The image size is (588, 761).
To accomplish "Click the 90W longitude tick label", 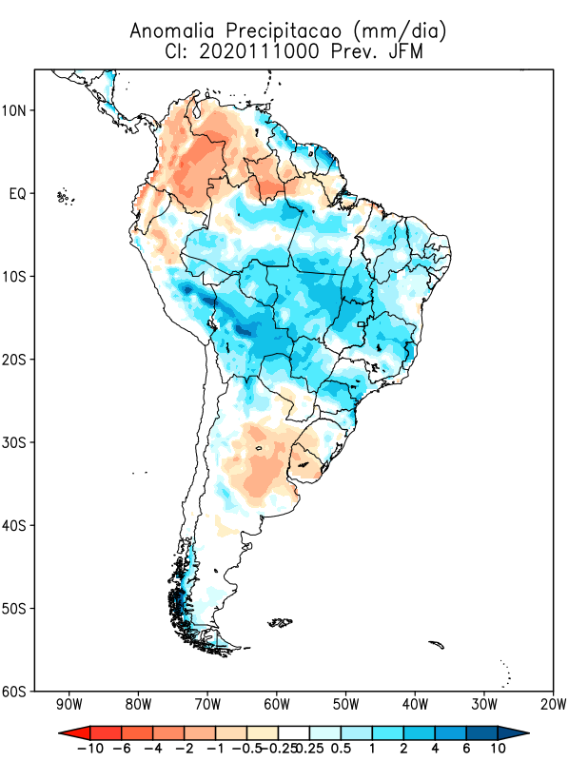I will [69, 705].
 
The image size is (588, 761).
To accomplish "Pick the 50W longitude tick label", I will [345, 705].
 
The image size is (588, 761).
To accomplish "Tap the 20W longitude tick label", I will [553, 705].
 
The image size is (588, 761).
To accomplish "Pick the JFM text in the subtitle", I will [404, 51].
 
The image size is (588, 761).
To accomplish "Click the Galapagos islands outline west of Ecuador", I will [65, 197].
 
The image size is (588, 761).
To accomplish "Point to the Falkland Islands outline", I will [280, 623].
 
